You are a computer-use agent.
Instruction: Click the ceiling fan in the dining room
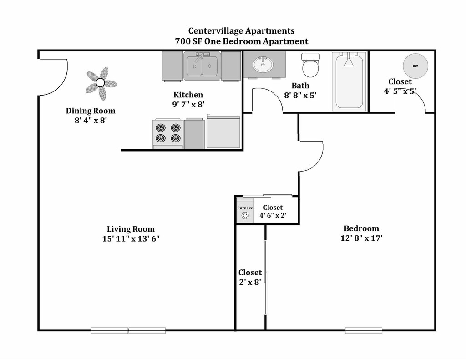click(x=101, y=83)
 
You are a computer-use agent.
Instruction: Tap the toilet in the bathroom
click(x=310, y=65)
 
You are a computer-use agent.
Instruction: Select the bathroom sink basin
click(x=263, y=64)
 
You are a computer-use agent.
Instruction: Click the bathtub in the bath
click(x=349, y=81)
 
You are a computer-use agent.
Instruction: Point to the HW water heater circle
click(x=415, y=66)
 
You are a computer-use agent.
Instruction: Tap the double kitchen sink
click(x=202, y=66)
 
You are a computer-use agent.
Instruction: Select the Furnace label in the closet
click(x=245, y=208)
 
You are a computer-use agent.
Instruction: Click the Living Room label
click(x=131, y=229)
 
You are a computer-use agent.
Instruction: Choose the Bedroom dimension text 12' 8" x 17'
click(x=361, y=238)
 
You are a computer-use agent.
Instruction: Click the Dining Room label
click(x=91, y=111)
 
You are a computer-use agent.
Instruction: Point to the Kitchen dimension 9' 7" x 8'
click(x=188, y=104)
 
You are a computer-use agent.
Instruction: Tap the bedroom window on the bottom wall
click(x=364, y=330)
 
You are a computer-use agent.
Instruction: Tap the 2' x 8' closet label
click(x=250, y=282)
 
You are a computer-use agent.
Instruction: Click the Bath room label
click(x=300, y=86)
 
